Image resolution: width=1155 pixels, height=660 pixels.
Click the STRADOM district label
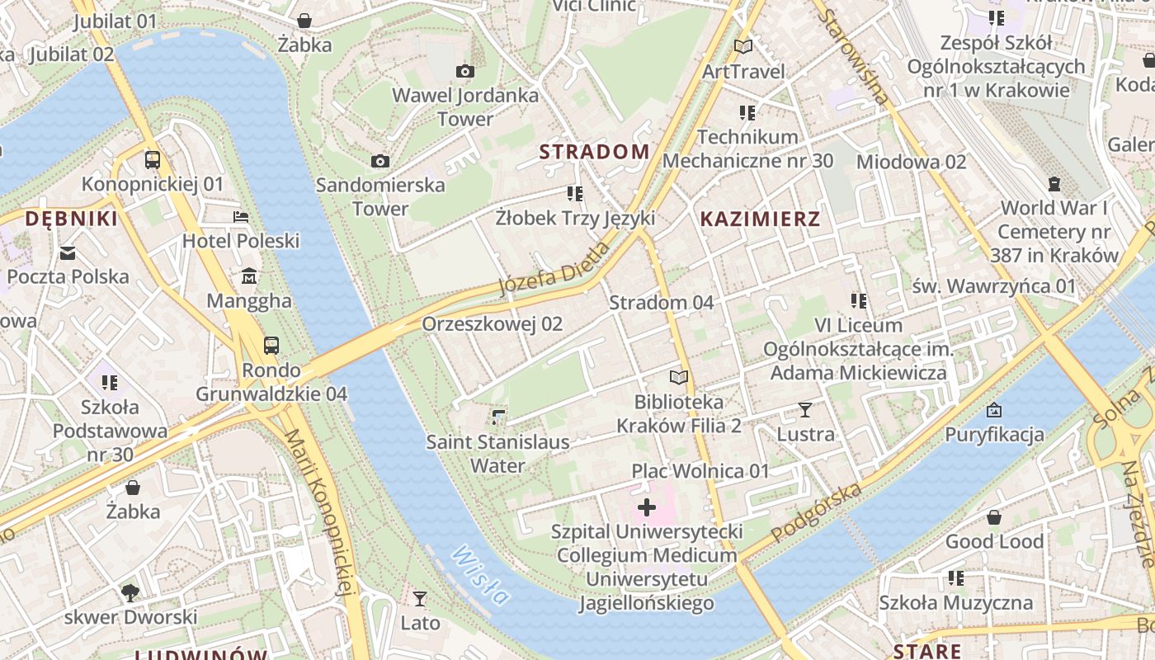coord(594,152)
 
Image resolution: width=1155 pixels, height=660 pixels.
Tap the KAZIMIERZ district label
coord(760,219)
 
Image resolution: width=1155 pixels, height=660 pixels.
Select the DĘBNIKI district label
coord(71,219)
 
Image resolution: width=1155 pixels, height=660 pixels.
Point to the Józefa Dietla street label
coord(554,269)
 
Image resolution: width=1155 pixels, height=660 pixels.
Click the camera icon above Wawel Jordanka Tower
coord(465,72)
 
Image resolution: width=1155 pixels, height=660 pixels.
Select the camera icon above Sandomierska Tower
coord(380,161)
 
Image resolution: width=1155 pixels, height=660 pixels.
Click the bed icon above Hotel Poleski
coord(241,217)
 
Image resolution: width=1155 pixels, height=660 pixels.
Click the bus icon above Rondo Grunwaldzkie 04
coord(271,345)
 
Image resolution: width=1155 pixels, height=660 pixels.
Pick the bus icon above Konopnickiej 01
coord(153,159)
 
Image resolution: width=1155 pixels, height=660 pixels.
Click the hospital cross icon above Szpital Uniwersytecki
coord(647,507)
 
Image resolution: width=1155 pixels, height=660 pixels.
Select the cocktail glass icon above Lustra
coord(805,409)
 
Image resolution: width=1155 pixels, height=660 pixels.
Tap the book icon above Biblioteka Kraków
coord(678,377)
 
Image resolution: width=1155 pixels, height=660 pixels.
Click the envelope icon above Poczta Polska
coord(68,252)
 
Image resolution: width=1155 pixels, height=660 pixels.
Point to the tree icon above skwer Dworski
coord(130,592)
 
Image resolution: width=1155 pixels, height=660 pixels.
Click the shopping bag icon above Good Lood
coord(994,517)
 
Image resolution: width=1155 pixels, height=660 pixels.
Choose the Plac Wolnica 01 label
coord(700,471)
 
